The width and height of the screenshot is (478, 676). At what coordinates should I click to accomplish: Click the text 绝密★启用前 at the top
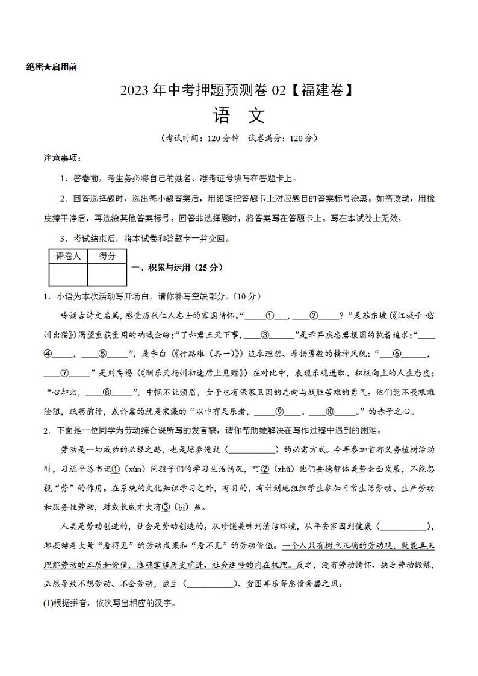52,67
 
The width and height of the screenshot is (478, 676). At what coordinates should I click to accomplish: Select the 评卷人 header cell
68,256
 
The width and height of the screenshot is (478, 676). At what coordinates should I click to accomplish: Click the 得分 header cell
107,256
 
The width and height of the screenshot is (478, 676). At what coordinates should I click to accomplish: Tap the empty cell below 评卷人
68,274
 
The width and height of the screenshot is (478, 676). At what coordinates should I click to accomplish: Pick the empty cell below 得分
107,274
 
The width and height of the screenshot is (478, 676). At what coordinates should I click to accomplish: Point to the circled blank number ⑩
330,413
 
